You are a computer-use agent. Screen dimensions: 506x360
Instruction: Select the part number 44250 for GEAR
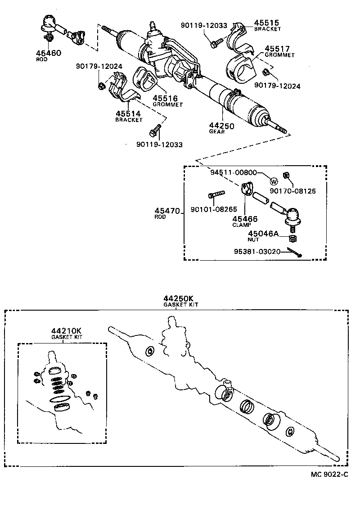click(221, 126)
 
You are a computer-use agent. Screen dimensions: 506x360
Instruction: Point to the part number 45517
click(277, 49)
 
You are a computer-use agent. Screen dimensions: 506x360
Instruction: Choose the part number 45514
click(128, 114)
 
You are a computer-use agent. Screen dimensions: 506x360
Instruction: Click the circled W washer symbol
click(274, 181)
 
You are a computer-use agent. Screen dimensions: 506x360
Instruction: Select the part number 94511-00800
click(234, 172)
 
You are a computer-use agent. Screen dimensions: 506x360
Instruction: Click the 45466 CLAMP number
click(245, 219)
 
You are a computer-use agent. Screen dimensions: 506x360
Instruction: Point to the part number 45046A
click(264, 234)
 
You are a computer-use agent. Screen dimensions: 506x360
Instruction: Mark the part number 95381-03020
click(258, 252)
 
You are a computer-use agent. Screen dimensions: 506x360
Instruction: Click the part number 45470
click(167, 211)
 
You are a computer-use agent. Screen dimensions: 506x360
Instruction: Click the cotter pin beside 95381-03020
click(295, 254)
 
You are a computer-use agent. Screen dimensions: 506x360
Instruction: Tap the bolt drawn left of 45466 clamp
click(216, 194)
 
